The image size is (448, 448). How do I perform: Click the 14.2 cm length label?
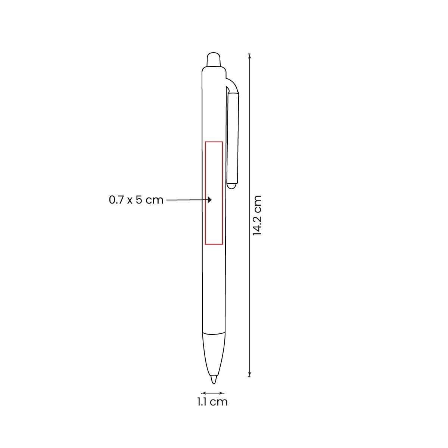tap(257, 215)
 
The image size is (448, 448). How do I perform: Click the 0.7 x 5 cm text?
tap(136, 200)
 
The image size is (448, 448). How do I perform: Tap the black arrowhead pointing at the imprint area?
tap(210, 200)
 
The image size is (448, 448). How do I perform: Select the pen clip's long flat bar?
tap(233, 138)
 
